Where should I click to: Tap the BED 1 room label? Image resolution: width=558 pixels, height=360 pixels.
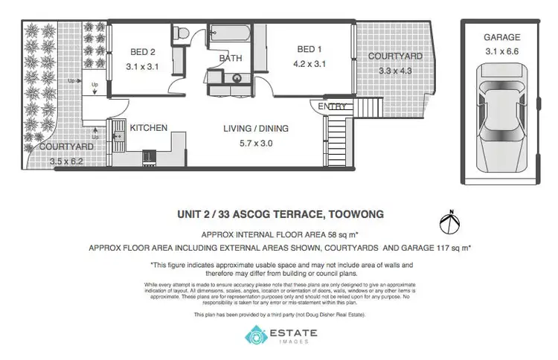[x=309, y=49]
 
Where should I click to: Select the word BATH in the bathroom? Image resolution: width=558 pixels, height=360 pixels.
[x=231, y=58]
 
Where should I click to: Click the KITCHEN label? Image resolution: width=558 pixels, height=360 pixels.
[x=149, y=128]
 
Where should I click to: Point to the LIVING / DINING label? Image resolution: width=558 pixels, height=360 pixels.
[x=256, y=129]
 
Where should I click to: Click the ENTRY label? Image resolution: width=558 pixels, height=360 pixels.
[x=332, y=107]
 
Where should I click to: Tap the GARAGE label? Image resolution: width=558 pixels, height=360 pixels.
[x=501, y=36]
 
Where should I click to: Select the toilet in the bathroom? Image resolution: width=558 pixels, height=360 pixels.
[x=181, y=33]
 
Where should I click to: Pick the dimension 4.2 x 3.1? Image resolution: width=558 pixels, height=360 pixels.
[x=309, y=65]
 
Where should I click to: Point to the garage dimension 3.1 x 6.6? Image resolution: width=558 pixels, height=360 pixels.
[x=501, y=51]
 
